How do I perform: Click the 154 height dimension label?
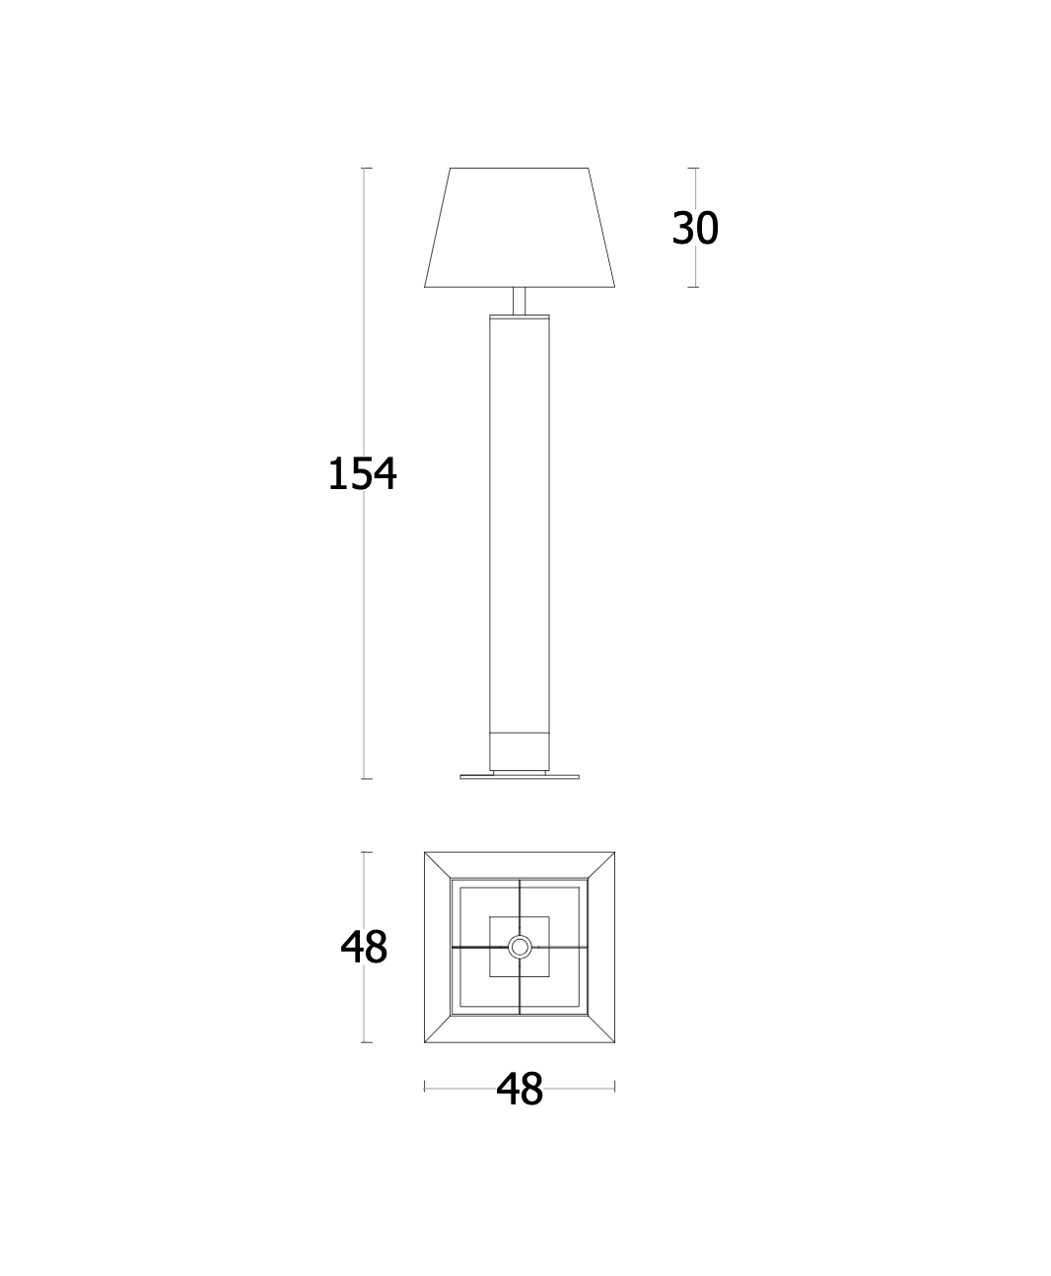click(x=363, y=473)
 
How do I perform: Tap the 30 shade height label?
click(x=695, y=229)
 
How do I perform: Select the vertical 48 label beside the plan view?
click(x=364, y=948)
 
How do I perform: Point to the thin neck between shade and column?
click(x=519, y=301)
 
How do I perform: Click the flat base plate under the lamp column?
click(x=520, y=777)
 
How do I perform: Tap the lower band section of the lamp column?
click(x=520, y=751)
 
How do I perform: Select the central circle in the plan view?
click(x=520, y=948)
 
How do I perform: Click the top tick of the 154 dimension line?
click(x=367, y=168)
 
